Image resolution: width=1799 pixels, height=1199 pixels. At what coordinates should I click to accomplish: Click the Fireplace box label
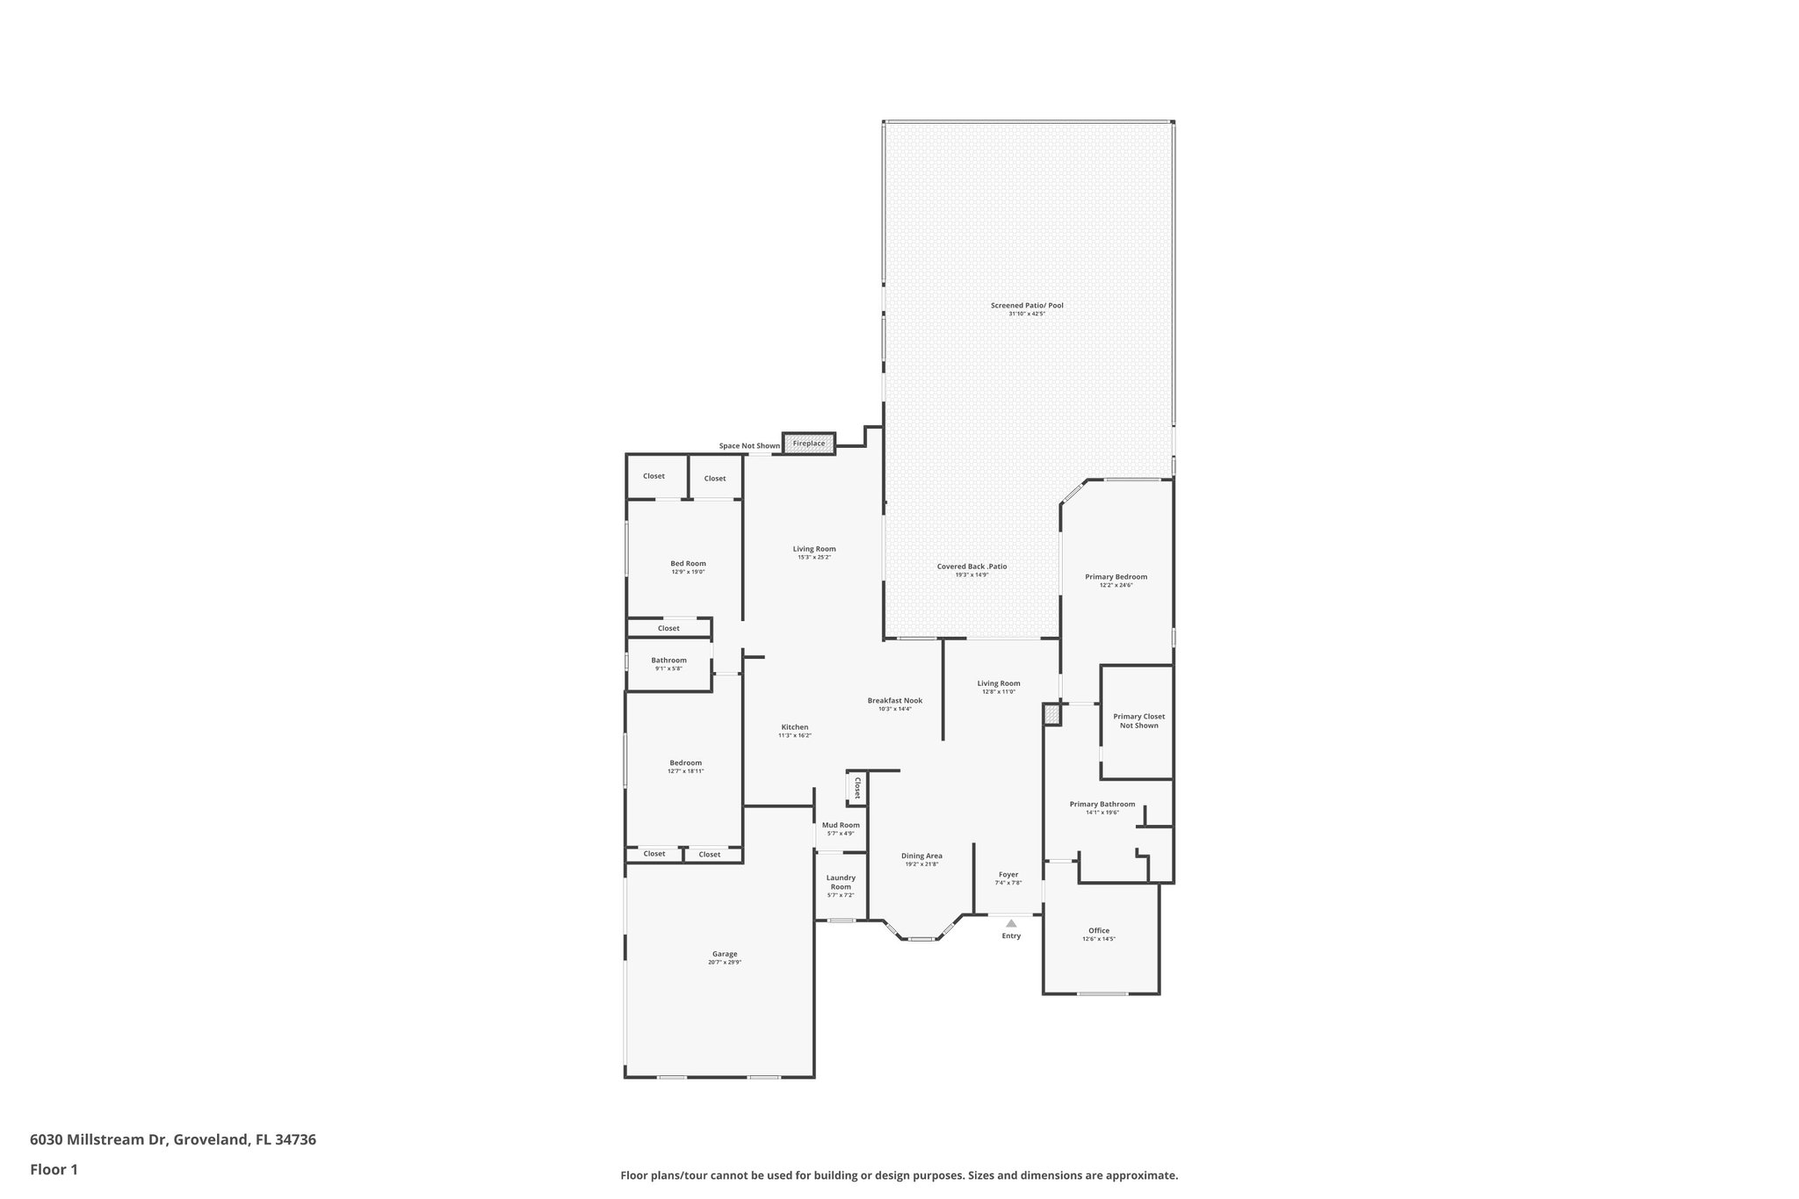pos(809,444)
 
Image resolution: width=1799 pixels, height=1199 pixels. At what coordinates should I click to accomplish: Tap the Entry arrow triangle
pos(1011,923)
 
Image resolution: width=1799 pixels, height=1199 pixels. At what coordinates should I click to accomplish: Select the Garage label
pos(725,954)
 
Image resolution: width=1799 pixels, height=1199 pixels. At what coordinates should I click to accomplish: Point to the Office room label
pos(1099,931)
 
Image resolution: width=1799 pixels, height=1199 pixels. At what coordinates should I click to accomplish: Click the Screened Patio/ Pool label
pos(1027,306)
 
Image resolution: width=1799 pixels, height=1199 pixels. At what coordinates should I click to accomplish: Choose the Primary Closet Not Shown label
pos(1138,720)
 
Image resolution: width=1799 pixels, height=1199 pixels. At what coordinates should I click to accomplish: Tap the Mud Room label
pos(841,825)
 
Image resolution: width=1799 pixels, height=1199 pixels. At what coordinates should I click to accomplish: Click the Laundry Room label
pos(841,882)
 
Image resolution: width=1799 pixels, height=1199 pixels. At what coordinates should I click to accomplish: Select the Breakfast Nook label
pos(894,701)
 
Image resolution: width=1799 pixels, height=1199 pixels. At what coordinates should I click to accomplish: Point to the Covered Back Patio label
pos(972,567)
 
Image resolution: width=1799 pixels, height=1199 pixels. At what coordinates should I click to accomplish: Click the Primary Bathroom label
pos(1102,804)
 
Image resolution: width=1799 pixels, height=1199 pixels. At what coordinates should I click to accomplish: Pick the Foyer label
pos(1008,875)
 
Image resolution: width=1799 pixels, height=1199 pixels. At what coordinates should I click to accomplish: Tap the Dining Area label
pos(921,856)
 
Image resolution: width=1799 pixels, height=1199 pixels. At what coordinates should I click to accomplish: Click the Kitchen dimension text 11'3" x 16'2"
pos(794,735)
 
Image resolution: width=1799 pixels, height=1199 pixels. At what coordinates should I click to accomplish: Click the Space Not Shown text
pos(749,446)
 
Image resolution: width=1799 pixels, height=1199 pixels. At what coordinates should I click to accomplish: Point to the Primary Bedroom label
pos(1116,577)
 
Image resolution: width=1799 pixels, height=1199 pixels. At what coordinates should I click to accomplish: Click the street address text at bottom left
pos(173,1140)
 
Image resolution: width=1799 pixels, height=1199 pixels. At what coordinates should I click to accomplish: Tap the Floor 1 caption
pos(54,1170)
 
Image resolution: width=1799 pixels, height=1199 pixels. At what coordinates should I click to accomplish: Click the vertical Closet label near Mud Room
pos(857,787)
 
